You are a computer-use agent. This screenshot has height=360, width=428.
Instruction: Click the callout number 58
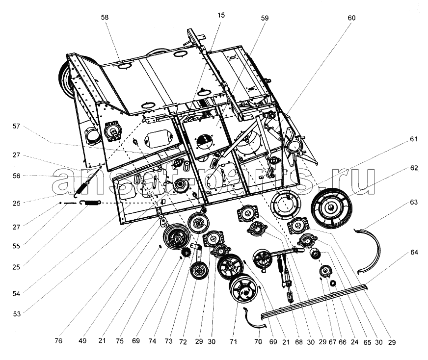click(x=105, y=17)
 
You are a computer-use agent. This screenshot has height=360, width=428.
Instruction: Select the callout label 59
click(x=265, y=18)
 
